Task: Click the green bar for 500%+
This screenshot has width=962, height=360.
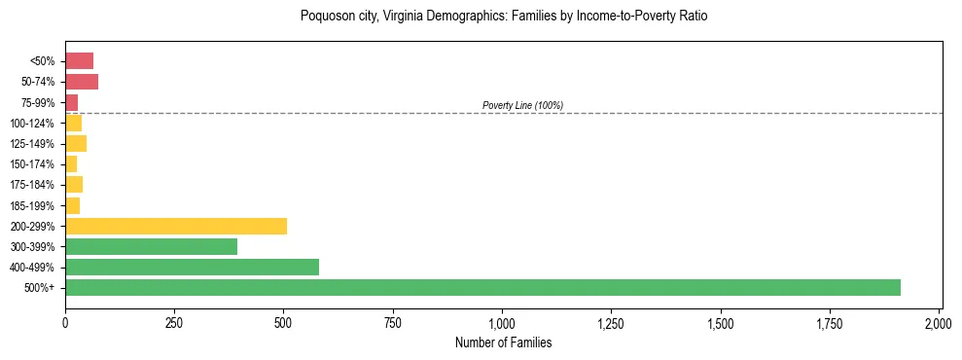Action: point(482,287)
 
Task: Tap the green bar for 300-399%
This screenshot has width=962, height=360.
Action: point(151,246)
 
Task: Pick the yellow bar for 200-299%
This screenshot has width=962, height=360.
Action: point(176,226)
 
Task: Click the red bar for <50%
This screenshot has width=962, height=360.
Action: point(79,61)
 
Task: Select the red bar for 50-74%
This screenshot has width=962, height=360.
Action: point(82,82)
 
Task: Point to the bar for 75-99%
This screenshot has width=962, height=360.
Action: point(71,102)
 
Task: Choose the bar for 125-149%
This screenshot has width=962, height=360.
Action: point(76,144)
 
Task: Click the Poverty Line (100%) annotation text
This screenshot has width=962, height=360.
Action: point(522,105)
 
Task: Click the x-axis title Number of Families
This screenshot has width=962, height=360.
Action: point(503,342)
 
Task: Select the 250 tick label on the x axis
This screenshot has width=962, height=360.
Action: point(174,322)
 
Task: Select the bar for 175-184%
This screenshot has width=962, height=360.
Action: point(74,185)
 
